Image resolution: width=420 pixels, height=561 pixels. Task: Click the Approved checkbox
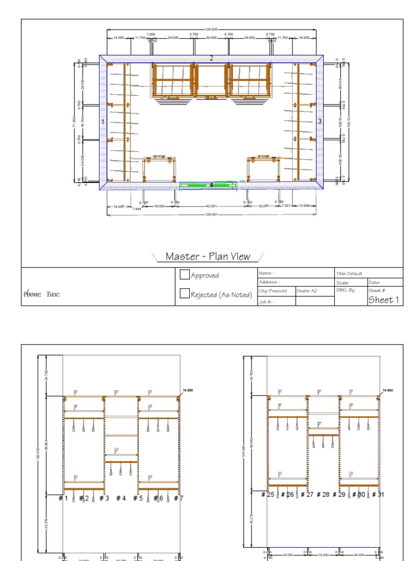[185, 275]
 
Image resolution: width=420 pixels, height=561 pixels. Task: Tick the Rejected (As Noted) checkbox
[185, 294]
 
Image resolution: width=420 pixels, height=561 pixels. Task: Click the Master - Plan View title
[208, 256]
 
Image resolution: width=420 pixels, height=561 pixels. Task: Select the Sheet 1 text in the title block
[383, 300]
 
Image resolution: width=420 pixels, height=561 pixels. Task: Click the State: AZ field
[307, 291]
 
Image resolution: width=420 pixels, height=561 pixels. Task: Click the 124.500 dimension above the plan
[211, 29]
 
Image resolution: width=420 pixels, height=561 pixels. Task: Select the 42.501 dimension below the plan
[211, 206]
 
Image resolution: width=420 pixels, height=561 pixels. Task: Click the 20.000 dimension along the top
[211, 38]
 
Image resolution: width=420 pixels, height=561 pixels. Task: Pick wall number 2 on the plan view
[211, 58]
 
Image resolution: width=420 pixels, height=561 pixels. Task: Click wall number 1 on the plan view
[102, 122]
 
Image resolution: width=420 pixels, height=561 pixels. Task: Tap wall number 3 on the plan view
[320, 121]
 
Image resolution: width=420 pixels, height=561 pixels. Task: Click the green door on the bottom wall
[208, 186]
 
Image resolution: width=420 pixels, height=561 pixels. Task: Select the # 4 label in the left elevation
[121, 499]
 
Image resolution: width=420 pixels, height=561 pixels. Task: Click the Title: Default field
[350, 273]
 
